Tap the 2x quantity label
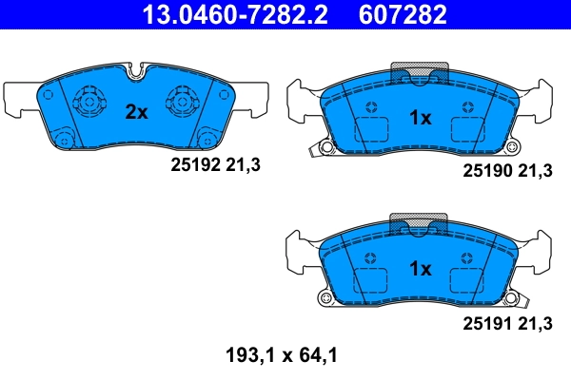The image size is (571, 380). point(137,112)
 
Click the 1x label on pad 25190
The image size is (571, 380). point(420,118)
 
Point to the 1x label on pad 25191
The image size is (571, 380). point(420,269)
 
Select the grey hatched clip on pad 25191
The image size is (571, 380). point(420,226)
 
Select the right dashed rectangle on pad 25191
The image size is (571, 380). point(467,282)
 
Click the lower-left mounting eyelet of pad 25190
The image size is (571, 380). point(326,148)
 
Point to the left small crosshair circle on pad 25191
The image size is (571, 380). point(372,256)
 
